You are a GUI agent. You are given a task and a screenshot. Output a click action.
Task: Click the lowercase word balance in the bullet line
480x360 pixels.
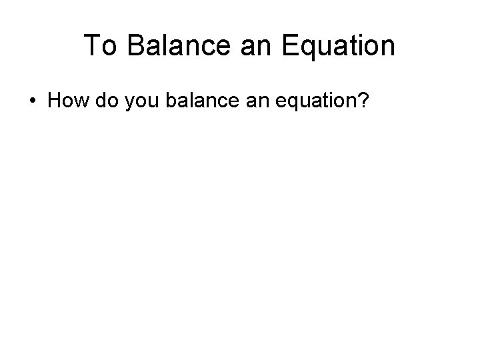197,102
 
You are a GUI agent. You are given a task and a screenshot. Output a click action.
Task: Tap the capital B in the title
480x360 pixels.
130,46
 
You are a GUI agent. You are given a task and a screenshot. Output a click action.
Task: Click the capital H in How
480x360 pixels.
55,102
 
